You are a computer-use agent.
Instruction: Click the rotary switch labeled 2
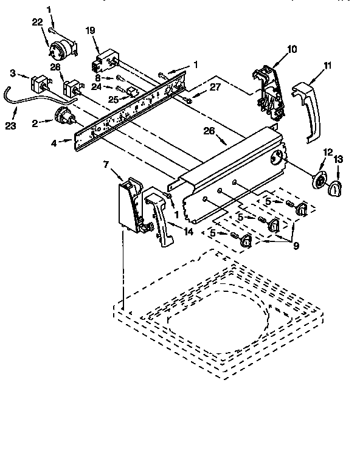(x=63, y=114)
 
